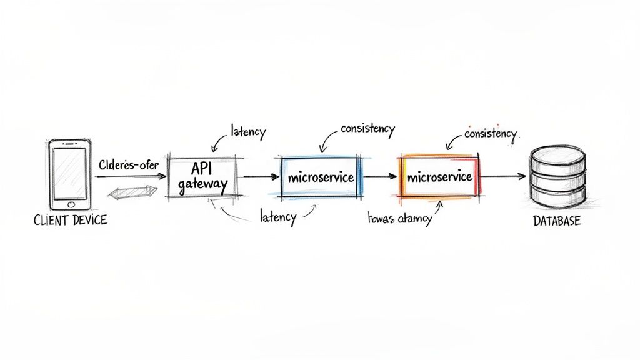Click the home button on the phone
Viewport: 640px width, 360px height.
click(x=71, y=204)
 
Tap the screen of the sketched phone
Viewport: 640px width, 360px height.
click(x=70, y=172)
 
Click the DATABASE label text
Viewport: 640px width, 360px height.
click(x=557, y=221)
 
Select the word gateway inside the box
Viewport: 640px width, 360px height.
click(x=202, y=185)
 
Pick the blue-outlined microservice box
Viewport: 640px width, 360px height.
click(x=321, y=177)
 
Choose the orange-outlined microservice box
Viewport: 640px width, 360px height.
click(x=439, y=177)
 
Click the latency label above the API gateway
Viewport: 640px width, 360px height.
click(x=247, y=132)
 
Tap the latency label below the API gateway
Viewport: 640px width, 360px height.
click(x=277, y=217)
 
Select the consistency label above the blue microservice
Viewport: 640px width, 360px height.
click(x=367, y=129)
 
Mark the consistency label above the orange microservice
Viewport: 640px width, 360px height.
click(x=491, y=134)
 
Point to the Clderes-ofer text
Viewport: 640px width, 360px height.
click(x=129, y=166)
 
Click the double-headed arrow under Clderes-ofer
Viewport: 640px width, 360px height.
click(x=131, y=192)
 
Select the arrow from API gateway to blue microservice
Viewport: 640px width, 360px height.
click(x=261, y=177)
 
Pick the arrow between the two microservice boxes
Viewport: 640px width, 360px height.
click(x=380, y=177)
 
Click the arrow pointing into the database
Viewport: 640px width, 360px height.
click(x=503, y=177)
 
